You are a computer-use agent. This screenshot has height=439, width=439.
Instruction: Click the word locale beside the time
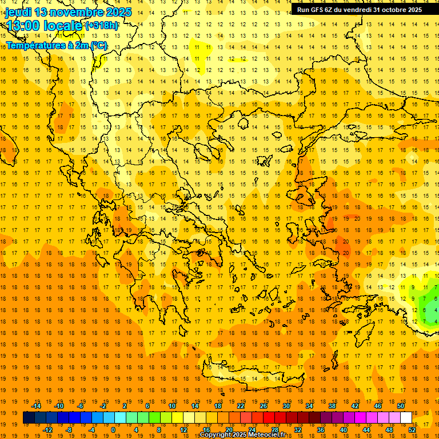63,25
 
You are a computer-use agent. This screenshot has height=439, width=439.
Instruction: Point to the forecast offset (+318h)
102,25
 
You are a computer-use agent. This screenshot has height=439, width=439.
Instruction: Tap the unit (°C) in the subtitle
98,45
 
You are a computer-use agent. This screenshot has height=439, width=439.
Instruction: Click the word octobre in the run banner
394,10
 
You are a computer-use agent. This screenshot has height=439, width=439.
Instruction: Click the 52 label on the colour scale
412,429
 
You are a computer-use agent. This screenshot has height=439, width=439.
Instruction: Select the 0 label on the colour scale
113,429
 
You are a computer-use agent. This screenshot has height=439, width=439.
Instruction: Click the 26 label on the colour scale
264,405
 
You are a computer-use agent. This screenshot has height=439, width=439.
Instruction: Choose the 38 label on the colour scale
332,405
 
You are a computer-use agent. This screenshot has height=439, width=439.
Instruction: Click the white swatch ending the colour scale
406,417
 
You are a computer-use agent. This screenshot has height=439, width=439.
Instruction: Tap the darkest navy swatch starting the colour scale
29,417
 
